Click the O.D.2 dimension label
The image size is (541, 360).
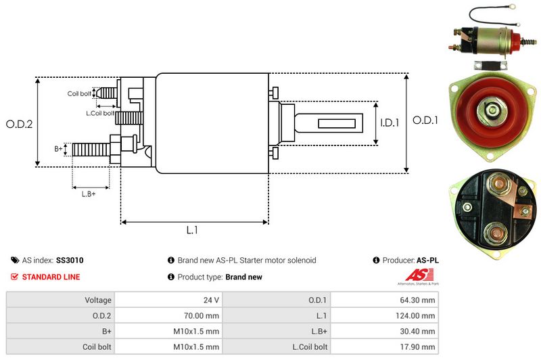[20, 124]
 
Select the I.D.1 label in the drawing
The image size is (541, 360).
[390, 123]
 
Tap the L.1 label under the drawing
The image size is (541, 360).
[192, 230]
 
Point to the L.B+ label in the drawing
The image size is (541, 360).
[88, 194]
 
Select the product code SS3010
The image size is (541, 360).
[70, 260]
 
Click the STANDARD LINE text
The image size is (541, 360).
[51, 277]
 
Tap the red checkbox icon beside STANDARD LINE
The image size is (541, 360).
[15, 277]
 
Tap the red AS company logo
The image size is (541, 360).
[414, 275]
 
